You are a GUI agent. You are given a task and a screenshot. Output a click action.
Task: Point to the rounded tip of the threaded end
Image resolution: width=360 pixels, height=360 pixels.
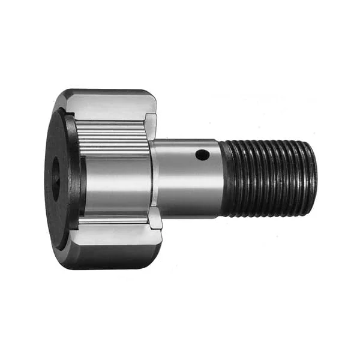coord(311,177)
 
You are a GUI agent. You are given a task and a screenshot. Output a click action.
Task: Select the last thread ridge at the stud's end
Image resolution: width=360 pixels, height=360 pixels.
coord(304,177)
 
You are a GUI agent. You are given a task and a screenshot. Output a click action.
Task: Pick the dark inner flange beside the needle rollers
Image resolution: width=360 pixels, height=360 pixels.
coord(73,174)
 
